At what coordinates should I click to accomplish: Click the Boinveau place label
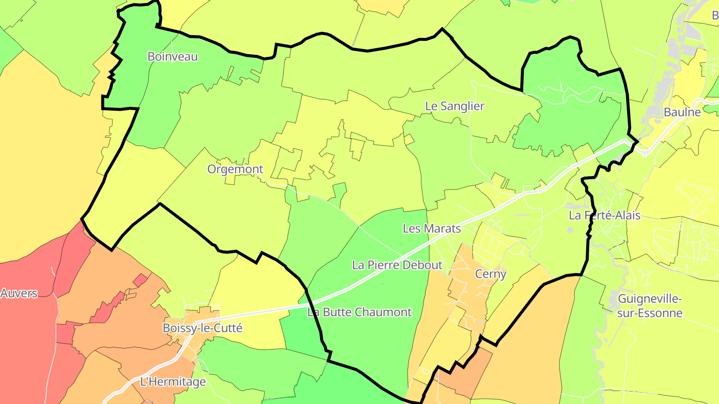point(173,56)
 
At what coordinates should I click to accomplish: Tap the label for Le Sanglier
point(455,106)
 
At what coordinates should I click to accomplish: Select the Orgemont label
point(235,169)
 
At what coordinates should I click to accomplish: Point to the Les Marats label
point(431,228)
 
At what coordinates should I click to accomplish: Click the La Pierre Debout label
point(397,265)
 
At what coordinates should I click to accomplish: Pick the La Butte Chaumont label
point(359,313)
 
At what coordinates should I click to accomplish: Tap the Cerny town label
point(491,274)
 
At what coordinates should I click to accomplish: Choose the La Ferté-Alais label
point(605,216)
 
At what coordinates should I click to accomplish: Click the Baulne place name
point(682,112)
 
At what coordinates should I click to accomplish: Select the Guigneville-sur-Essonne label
point(650,306)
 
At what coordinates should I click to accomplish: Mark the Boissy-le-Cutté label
point(203,328)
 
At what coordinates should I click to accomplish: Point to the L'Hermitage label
point(173,382)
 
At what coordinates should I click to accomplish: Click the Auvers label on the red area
point(19,293)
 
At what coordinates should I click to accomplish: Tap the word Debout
point(424,265)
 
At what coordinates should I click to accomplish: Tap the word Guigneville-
point(650,299)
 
